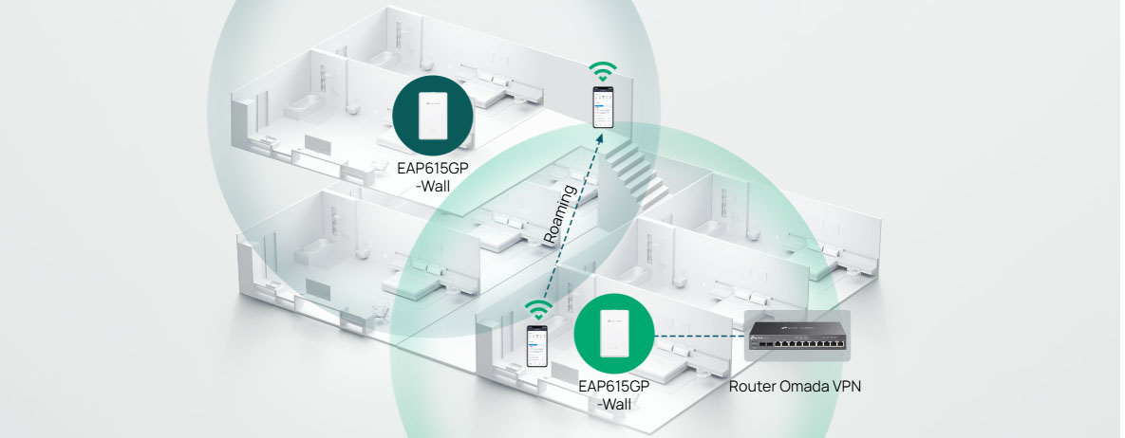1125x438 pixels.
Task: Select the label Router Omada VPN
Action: [797, 387]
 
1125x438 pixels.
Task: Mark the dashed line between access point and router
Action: [699, 336]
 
